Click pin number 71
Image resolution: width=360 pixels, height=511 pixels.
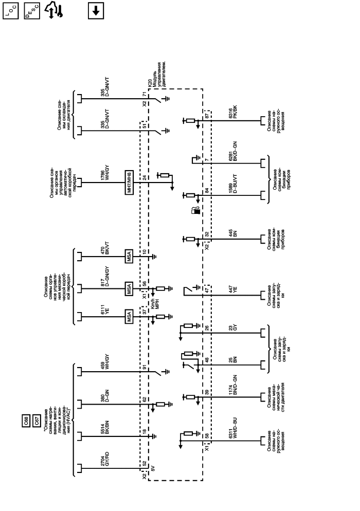[x=145, y=96]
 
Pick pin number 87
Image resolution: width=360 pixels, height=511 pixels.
[x=207, y=115]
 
